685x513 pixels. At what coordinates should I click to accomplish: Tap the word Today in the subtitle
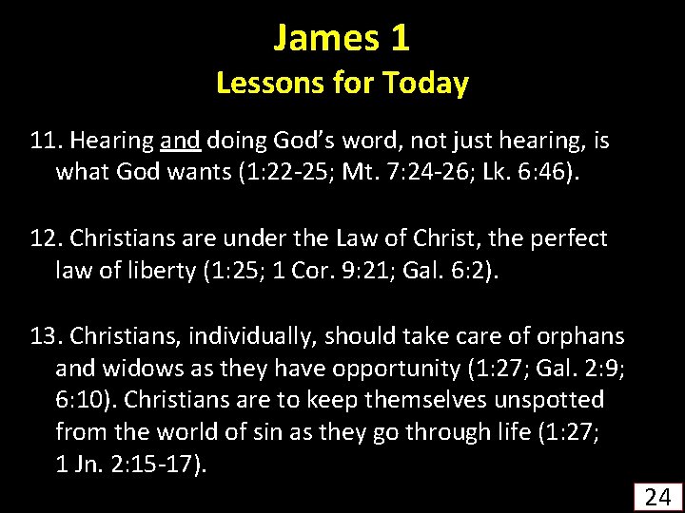[x=424, y=84]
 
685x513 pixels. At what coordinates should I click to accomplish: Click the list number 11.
[x=44, y=142]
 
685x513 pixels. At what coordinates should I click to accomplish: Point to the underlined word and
[x=180, y=142]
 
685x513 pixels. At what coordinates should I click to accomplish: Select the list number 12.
[x=44, y=238]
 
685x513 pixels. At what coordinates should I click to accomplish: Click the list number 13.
[x=44, y=336]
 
